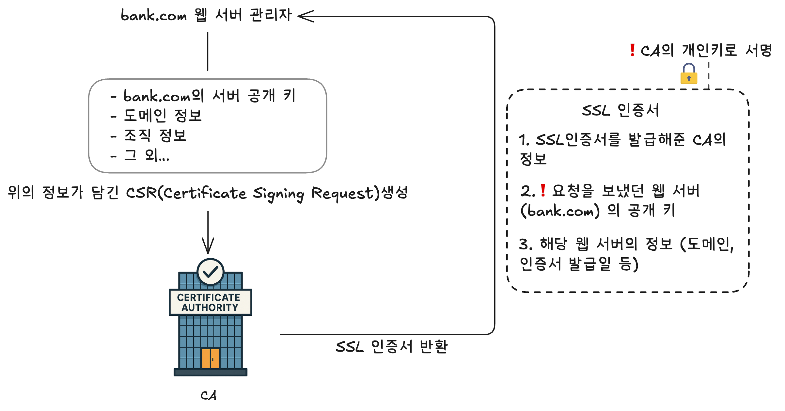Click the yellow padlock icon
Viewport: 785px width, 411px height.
[x=689, y=74]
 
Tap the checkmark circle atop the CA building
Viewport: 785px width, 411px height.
[x=210, y=272]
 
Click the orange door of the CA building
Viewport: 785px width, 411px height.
[x=211, y=358]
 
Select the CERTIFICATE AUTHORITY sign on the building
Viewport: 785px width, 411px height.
[x=210, y=302]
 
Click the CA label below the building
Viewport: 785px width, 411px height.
[x=209, y=395]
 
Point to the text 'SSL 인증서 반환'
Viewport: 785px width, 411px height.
[x=392, y=347]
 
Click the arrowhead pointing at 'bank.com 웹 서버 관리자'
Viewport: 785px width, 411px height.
[x=305, y=16]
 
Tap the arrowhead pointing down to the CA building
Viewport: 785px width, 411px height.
[x=208, y=247]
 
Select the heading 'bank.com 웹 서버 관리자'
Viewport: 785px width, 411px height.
[x=206, y=15]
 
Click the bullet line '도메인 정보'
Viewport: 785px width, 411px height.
[x=163, y=116]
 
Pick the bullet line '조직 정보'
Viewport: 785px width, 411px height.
[x=155, y=135]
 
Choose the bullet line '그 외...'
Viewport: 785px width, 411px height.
[x=147, y=155]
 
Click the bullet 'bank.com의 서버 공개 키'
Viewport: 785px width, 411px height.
[x=209, y=96]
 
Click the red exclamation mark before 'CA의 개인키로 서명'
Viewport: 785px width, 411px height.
[x=632, y=50]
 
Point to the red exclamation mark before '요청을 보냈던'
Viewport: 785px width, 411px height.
[x=543, y=190]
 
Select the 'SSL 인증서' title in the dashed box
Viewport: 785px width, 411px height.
[x=620, y=110]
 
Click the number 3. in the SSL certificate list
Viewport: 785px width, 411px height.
[x=525, y=244]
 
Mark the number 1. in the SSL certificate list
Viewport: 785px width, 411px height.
[x=524, y=140]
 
